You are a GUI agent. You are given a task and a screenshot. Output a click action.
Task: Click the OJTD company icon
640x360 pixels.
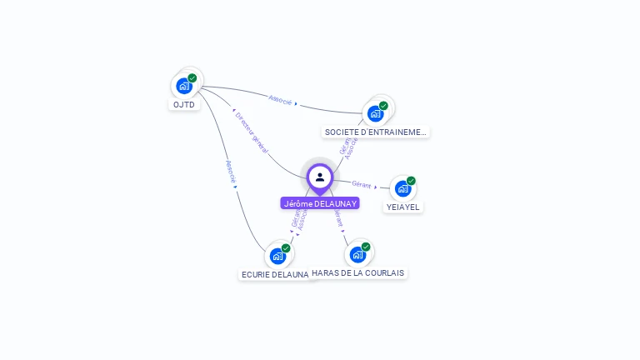[184, 86]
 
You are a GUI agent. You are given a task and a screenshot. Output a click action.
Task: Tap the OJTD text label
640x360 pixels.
[184, 105]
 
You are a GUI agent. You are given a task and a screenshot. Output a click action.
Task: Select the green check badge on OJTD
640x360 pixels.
[192, 78]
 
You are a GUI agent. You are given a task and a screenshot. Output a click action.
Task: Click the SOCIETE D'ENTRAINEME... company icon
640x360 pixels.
[375, 113]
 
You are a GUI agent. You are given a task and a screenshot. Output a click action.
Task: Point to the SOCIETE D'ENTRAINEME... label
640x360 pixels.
[376, 132]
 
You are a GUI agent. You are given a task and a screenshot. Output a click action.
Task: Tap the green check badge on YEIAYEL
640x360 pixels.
[411, 181]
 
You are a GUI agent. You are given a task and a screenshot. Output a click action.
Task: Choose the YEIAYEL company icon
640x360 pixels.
[402, 188]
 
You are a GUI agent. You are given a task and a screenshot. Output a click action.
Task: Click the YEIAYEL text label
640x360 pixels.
[403, 207]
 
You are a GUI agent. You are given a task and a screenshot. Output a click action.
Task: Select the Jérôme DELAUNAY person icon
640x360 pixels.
[320, 177]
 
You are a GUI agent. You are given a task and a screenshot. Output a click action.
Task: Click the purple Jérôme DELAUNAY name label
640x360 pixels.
[320, 203]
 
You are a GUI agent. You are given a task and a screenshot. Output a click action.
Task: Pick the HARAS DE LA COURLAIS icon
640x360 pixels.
[357, 254]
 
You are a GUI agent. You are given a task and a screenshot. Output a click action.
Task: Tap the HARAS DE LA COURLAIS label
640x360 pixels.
[357, 272]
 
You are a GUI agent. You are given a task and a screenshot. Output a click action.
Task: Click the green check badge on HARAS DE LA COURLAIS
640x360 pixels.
[366, 247]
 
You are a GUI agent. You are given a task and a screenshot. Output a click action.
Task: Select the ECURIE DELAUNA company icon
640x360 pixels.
[277, 256]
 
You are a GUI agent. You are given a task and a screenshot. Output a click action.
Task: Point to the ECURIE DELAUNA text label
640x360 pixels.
[275, 274]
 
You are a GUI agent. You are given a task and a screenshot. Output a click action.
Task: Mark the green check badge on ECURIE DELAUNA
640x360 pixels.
[286, 248]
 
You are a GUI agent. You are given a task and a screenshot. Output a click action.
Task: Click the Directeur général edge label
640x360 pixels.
[251, 132]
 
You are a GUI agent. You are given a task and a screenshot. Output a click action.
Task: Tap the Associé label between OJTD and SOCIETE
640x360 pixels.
[281, 100]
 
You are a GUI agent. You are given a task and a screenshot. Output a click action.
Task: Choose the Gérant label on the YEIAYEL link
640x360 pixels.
[362, 184]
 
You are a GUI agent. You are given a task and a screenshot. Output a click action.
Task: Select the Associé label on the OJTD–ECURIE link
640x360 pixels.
[232, 172]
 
